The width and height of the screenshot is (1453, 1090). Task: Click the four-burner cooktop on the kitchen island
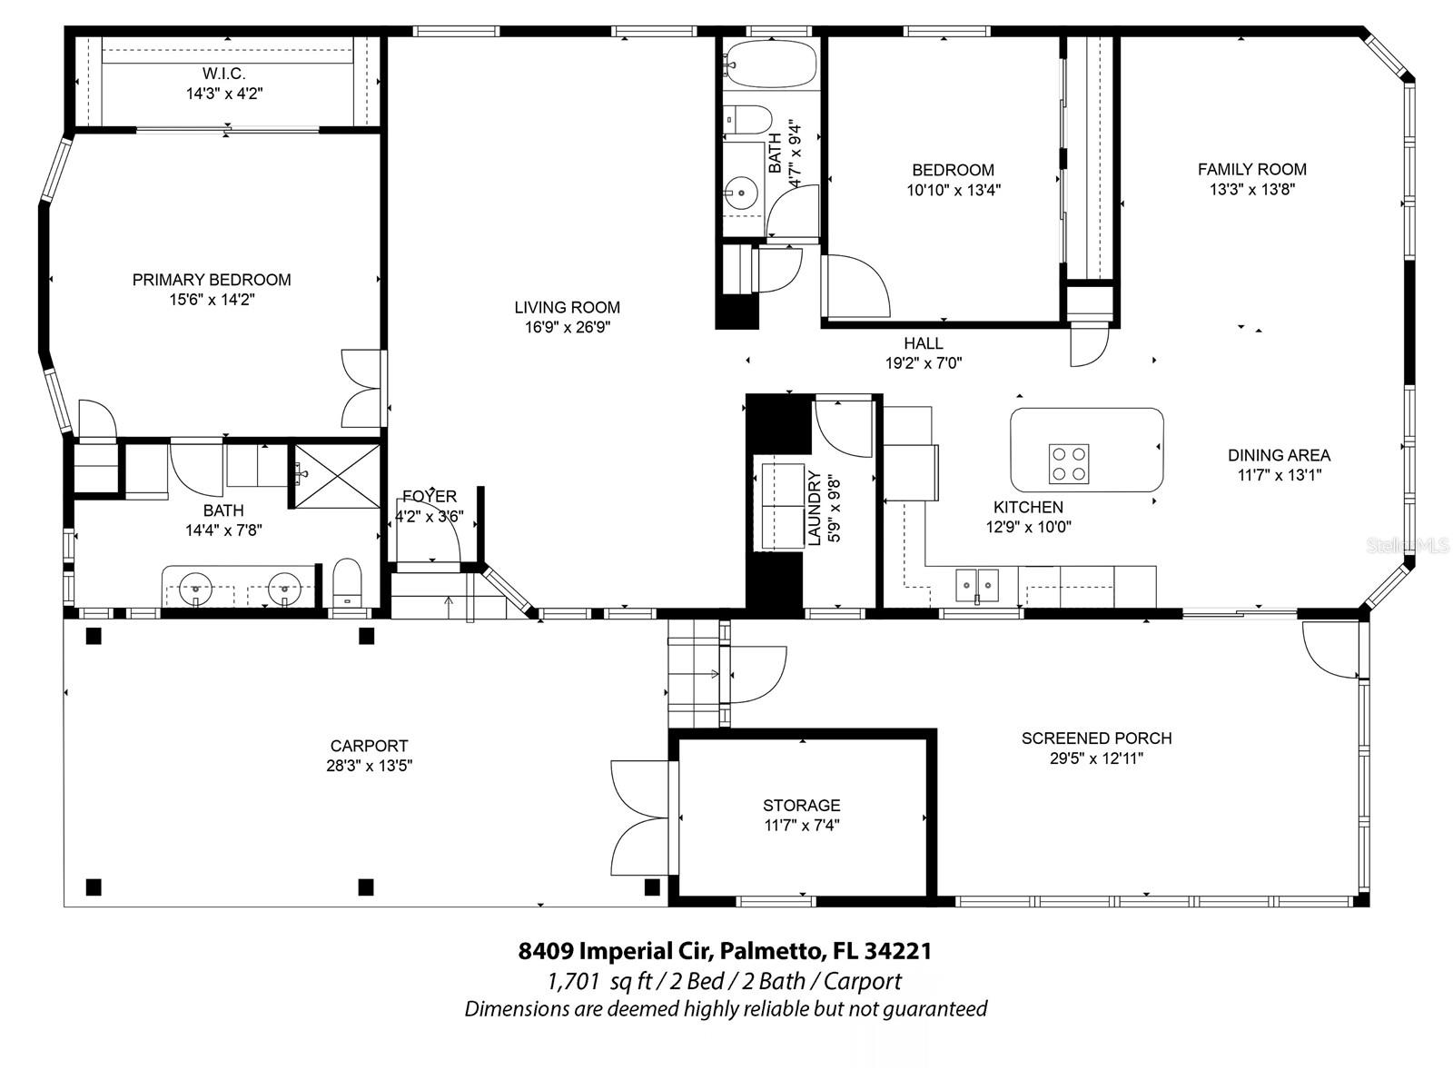pos(1069,463)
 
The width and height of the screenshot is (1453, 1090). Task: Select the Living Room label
pos(567,308)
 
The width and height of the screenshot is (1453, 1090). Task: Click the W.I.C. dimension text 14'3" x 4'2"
pos(224,93)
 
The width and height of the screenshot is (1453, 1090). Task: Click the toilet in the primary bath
pos(347,581)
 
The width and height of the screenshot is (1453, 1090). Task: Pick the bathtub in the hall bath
pos(769,64)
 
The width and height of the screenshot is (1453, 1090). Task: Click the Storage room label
pos(801,806)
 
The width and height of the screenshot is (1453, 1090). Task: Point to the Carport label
pos(369,746)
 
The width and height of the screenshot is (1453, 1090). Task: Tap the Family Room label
pos(1251,169)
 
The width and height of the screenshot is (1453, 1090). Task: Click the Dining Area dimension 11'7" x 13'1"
pos(1279,475)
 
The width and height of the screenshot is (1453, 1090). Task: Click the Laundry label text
pos(814,509)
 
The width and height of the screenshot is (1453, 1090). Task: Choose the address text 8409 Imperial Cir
pos(617,951)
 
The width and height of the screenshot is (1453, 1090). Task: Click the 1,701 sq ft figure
pos(573,981)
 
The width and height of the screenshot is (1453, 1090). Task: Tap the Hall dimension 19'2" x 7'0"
pos(923,363)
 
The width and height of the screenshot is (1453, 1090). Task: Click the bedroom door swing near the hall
pos(855,286)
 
